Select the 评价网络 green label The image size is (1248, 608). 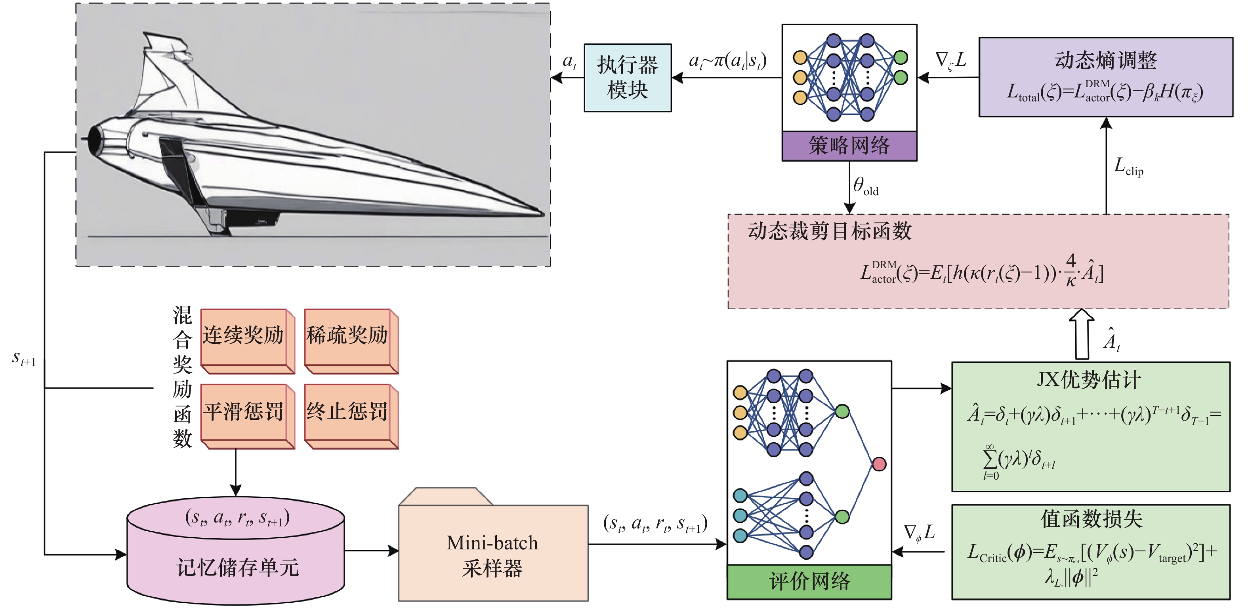(x=809, y=581)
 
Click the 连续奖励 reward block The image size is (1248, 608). (x=244, y=336)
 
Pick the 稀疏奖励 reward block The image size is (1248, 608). (x=347, y=336)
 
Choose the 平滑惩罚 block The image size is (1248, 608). (x=244, y=412)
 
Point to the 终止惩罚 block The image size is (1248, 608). (x=347, y=412)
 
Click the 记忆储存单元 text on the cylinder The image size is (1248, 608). (x=237, y=567)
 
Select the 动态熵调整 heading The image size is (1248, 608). (x=1105, y=60)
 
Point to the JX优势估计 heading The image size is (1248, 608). (x=1089, y=379)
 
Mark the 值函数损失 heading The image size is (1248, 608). (x=1091, y=519)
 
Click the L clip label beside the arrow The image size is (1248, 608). (x=1128, y=167)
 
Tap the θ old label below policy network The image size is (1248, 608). (x=865, y=186)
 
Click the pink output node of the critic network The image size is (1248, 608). (x=879, y=464)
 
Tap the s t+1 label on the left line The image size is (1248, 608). (x=24, y=359)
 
